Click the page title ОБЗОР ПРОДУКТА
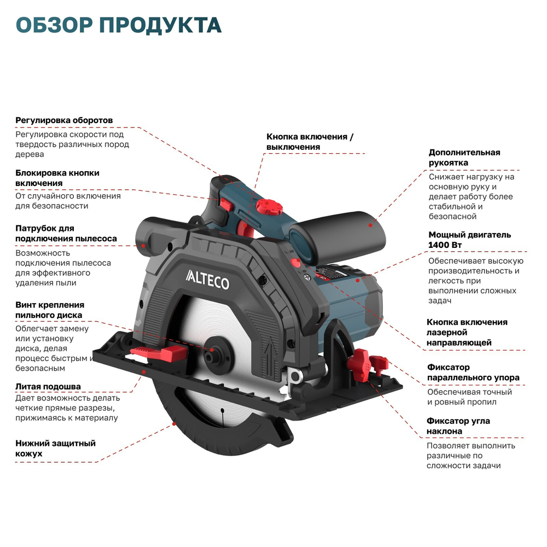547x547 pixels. pos(119,25)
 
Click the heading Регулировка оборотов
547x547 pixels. pos(64,120)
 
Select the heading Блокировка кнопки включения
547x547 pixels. pos(57,178)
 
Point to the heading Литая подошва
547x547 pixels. pos(48,387)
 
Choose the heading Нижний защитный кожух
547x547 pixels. pos(55,448)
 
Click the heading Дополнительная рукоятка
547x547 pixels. pos(464,158)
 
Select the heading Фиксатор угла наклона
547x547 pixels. pos(458,426)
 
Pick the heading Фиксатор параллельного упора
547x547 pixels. pos(473,373)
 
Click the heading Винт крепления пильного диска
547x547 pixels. pos(50,310)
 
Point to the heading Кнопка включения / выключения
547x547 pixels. pos(310,142)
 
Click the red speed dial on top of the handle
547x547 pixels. pos(268,207)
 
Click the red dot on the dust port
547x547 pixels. pos(143,246)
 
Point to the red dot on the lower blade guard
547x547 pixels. pos(173,423)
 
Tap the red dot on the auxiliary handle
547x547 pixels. pos(370,224)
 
